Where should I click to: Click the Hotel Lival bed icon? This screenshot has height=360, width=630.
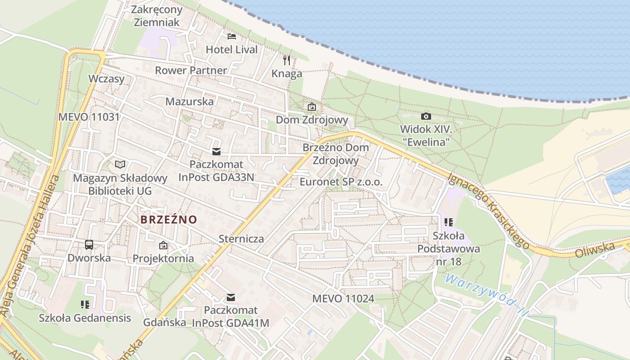pos(232,36)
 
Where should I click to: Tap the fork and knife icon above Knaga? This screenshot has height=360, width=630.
pos(287,60)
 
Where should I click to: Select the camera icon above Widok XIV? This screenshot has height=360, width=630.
pos(426,117)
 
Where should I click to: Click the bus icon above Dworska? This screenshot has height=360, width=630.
pos(89,245)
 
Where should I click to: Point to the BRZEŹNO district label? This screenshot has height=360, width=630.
pos(169,220)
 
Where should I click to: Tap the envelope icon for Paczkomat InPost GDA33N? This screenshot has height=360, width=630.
pos(216,151)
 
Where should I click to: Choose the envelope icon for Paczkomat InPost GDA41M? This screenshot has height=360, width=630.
pos(231,297)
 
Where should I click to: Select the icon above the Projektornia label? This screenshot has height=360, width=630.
pos(163,245)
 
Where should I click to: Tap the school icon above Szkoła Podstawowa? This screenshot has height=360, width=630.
pos(448,222)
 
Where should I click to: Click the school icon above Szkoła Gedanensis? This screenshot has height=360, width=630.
pos(85,305)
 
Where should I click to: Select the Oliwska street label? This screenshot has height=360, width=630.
pos(595,250)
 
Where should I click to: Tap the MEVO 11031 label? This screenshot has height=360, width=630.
pos(89,117)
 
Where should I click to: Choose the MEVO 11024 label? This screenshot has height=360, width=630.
pos(343,298)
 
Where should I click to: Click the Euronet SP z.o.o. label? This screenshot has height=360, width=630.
pos(341,182)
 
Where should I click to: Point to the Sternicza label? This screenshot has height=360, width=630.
pos(241,238)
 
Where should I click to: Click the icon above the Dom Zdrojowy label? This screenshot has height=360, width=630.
pos(311,107)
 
